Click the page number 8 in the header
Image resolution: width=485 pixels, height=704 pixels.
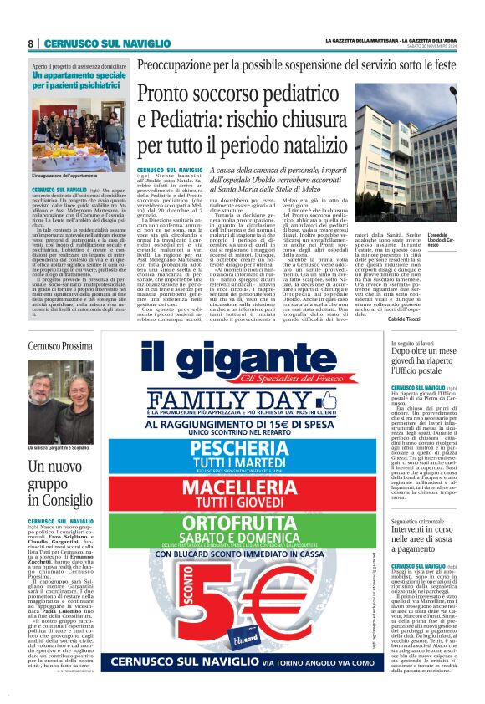click(x=30, y=43)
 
